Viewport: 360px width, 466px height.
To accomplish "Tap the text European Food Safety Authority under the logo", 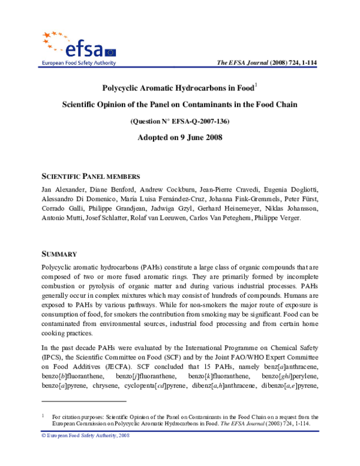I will (77, 62).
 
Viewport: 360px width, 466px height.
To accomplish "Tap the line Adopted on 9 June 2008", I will (180, 138).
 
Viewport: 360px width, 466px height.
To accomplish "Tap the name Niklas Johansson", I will (298, 208).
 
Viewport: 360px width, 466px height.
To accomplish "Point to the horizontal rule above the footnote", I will (83, 401).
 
